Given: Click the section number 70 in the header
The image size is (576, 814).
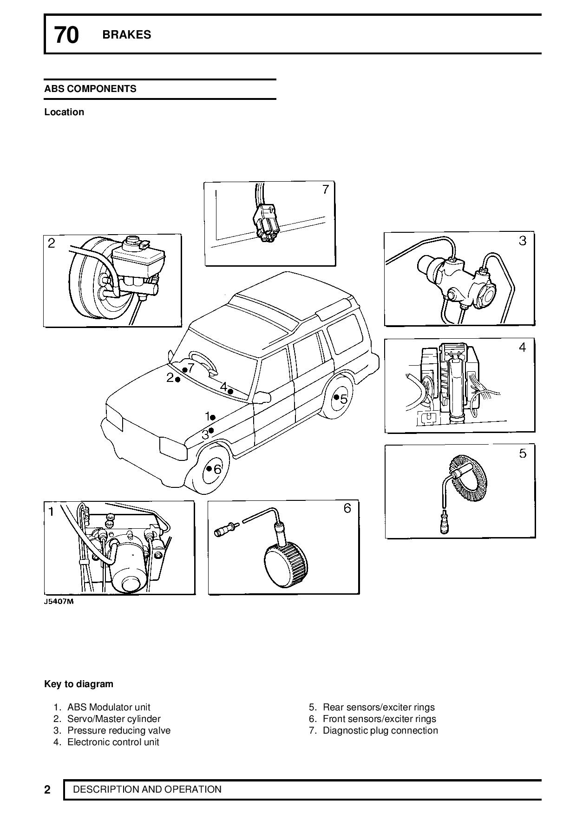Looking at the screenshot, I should click(x=66, y=35).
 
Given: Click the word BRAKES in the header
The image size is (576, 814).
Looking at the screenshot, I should click(x=127, y=35).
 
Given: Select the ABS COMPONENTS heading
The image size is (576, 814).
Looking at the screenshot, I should click(x=90, y=89).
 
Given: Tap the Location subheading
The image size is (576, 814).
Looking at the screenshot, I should click(x=64, y=112).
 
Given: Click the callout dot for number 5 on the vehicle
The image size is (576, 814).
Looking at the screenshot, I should click(x=336, y=397).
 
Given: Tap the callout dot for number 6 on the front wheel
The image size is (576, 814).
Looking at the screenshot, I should click(x=209, y=468).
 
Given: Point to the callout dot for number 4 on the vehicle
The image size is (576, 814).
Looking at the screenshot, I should click(x=230, y=391).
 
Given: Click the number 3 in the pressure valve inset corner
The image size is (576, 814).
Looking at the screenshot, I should click(x=523, y=241).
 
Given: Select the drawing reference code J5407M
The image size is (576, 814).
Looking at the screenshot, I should click(x=59, y=602).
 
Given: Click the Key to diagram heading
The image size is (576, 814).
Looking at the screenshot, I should click(x=79, y=684).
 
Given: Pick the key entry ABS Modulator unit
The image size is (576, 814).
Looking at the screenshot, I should click(x=109, y=707).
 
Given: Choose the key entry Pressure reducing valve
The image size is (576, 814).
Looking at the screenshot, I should click(x=119, y=730).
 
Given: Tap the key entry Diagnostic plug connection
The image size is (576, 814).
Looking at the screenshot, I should click(x=380, y=730).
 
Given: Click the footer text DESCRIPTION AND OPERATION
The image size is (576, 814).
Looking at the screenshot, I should click(x=147, y=789).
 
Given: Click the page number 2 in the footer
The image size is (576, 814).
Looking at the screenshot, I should click(x=47, y=790).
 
